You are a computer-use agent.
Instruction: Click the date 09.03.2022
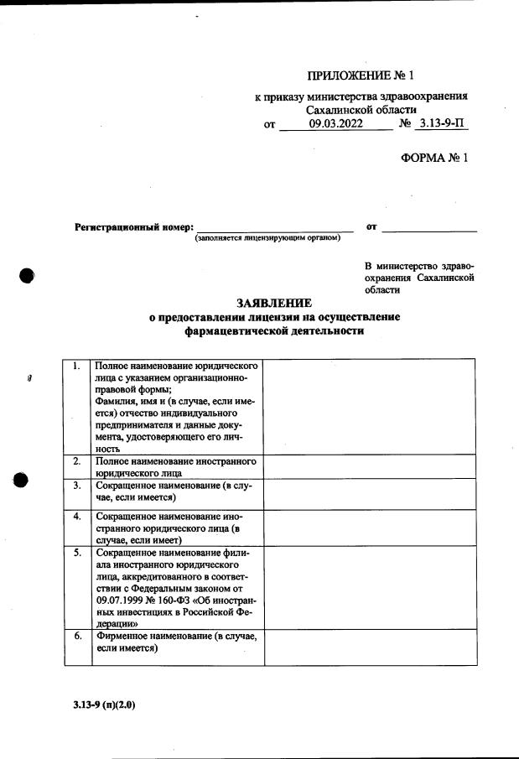click(335, 124)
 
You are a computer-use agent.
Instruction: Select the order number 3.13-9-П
click(442, 124)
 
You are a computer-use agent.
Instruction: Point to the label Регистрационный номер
click(134, 227)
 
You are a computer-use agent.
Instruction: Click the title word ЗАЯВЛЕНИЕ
click(274, 303)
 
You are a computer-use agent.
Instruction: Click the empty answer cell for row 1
click(370, 407)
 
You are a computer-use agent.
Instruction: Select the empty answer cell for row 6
click(370, 647)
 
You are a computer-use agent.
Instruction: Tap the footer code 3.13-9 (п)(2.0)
click(104, 704)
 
